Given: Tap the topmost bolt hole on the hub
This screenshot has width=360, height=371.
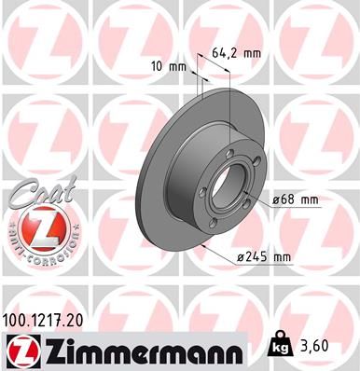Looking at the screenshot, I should click(x=228, y=153).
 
